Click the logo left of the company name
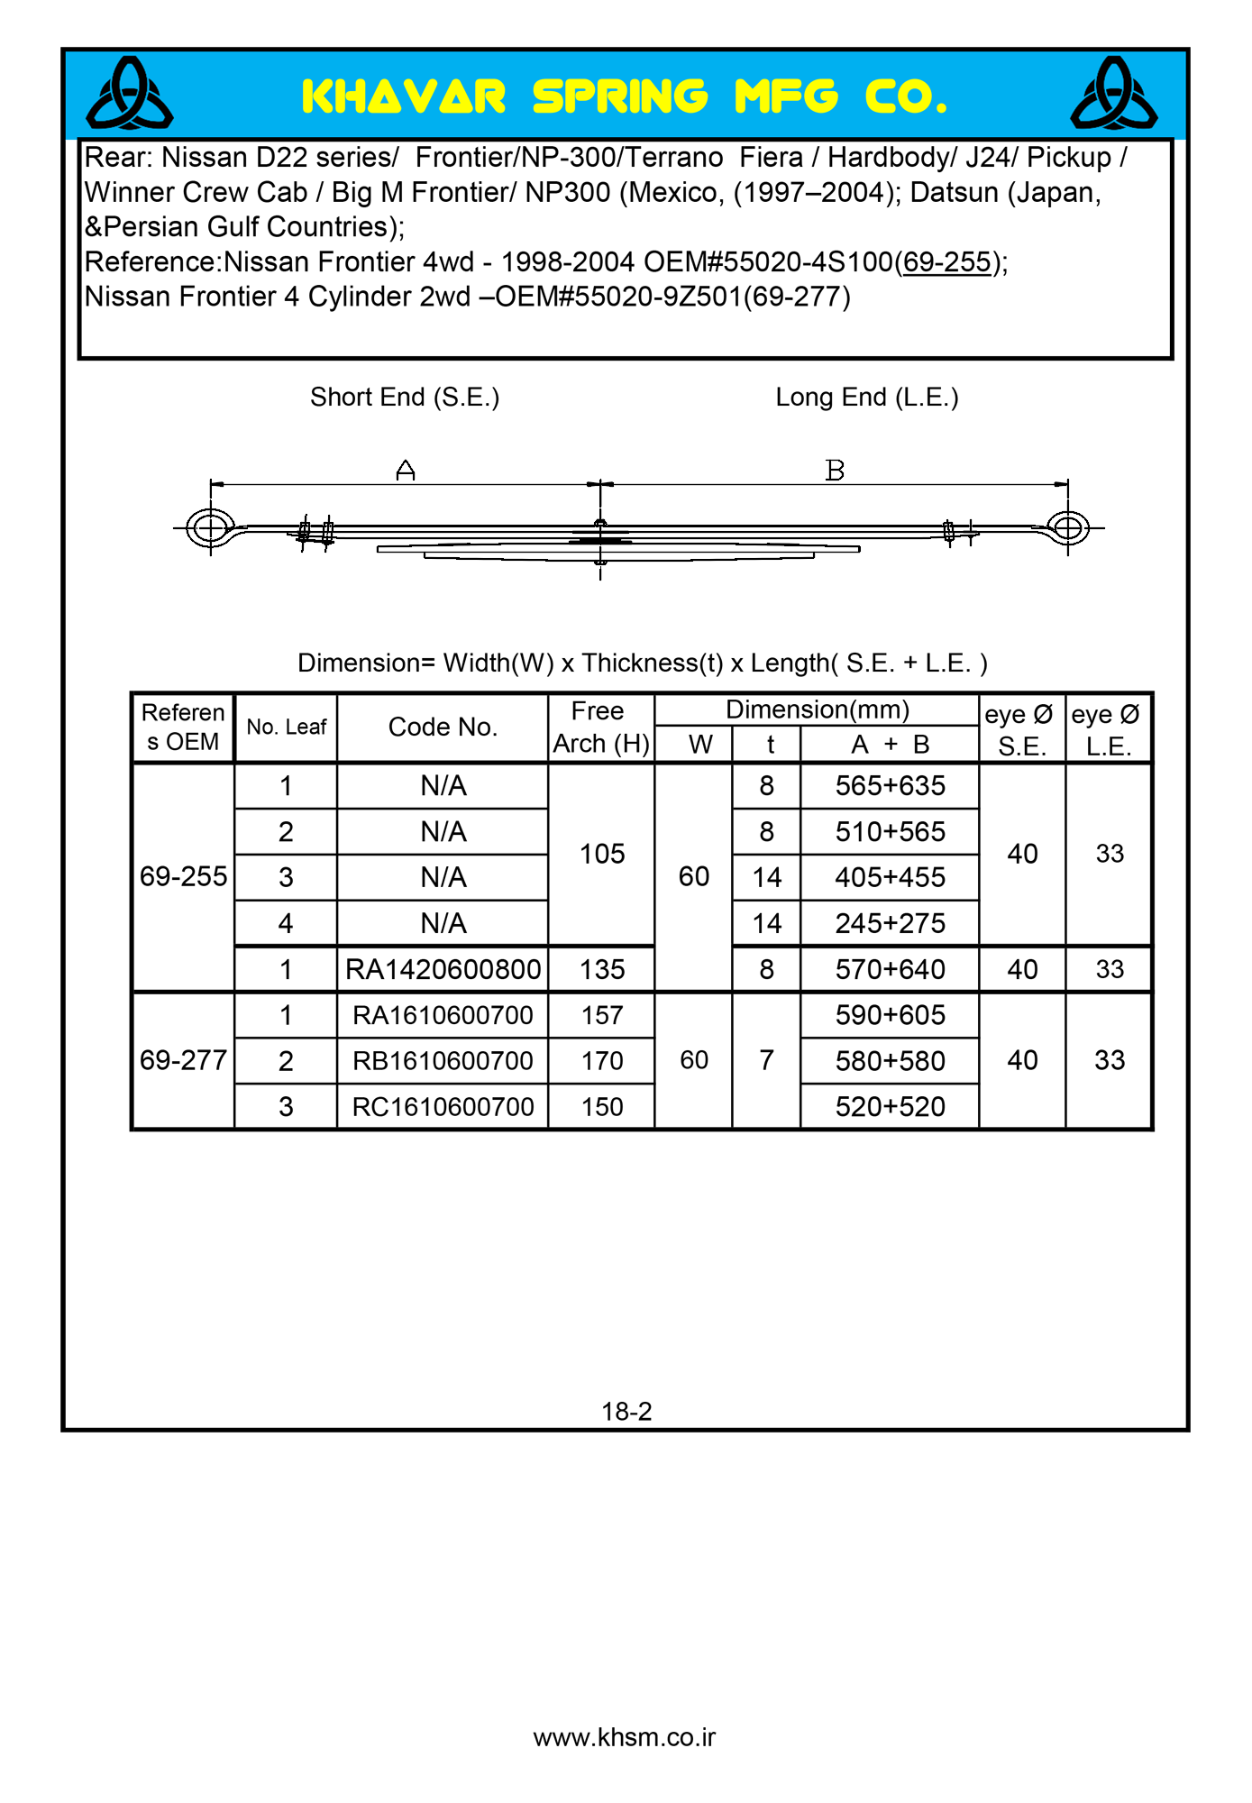point(130,94)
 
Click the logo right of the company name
point(1113,94)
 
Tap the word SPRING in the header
point(620,97)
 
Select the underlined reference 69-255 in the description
point(946,262)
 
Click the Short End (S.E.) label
point(405,398)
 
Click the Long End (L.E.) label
point(867,398)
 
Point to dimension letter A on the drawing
point(406,470)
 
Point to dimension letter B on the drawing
point(835,470)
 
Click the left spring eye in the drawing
point(210,527)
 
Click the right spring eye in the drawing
point(1068,527)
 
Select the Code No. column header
point(443,728)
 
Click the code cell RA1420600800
point(443,970)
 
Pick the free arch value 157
point(602,1016)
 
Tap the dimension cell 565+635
point(890,786)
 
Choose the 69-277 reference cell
point(183,1061)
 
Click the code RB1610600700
point(443,1062)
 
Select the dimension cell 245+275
point(890,924)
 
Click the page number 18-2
point(626,1412)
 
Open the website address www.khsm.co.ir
point(625,1738)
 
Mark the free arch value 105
point(602,855)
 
